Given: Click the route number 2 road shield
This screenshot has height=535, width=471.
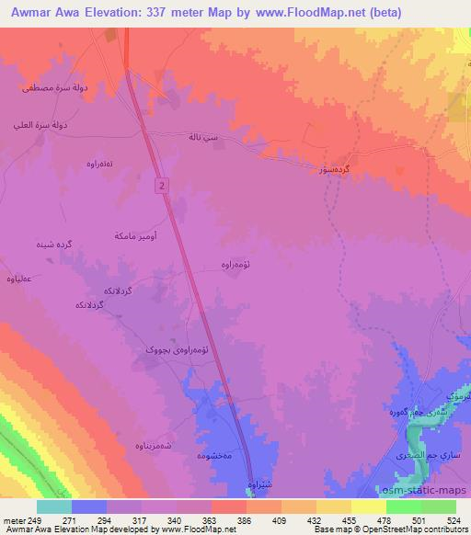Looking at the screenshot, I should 162,186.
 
